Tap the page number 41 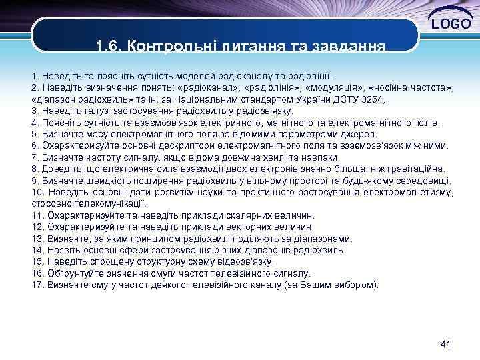446,344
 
